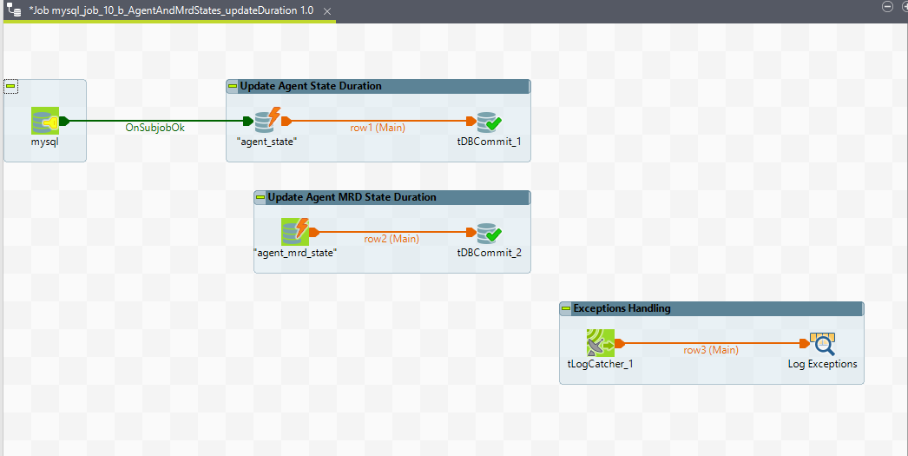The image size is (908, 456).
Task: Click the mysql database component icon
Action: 45,122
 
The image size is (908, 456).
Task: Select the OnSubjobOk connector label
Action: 155,128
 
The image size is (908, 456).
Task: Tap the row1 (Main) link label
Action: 378,128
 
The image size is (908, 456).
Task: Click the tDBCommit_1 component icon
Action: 489,122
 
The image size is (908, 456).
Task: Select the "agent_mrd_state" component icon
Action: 295,232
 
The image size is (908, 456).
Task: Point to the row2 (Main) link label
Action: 391,239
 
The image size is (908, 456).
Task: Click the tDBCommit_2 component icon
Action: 489,232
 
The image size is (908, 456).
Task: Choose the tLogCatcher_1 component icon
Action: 600,343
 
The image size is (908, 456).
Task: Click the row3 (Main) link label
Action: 710,350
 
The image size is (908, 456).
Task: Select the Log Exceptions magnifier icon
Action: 822,344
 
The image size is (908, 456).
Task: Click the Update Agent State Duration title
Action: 311,86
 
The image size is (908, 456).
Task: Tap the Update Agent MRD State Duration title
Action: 352,197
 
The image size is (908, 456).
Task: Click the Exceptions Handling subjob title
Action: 622,308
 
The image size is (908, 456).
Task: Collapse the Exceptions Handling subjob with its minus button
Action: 566,308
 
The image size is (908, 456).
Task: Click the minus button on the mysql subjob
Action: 10,86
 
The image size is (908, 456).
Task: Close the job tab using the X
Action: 326,11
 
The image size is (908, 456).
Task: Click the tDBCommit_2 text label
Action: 489,253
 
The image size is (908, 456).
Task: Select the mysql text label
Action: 45,142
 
